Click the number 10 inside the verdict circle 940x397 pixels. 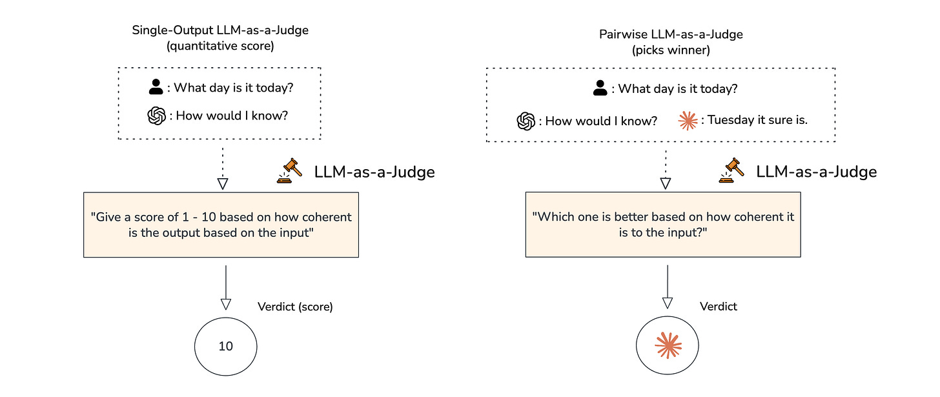[x=225, y=347]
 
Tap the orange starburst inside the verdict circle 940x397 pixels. [x=668, y=347]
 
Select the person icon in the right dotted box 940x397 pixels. [x=600, y=89]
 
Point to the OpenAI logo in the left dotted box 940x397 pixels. [x=156, y=116]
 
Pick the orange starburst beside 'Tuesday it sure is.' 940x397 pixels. [x=688, y=120]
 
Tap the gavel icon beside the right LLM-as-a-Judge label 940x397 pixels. [x=732, y=170]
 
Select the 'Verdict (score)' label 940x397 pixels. [x=295, y=307]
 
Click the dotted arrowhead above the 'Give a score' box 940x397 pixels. [x=222, y=183]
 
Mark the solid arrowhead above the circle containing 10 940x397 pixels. [x=225, y=303]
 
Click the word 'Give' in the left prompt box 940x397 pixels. [x=105, y=217]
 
